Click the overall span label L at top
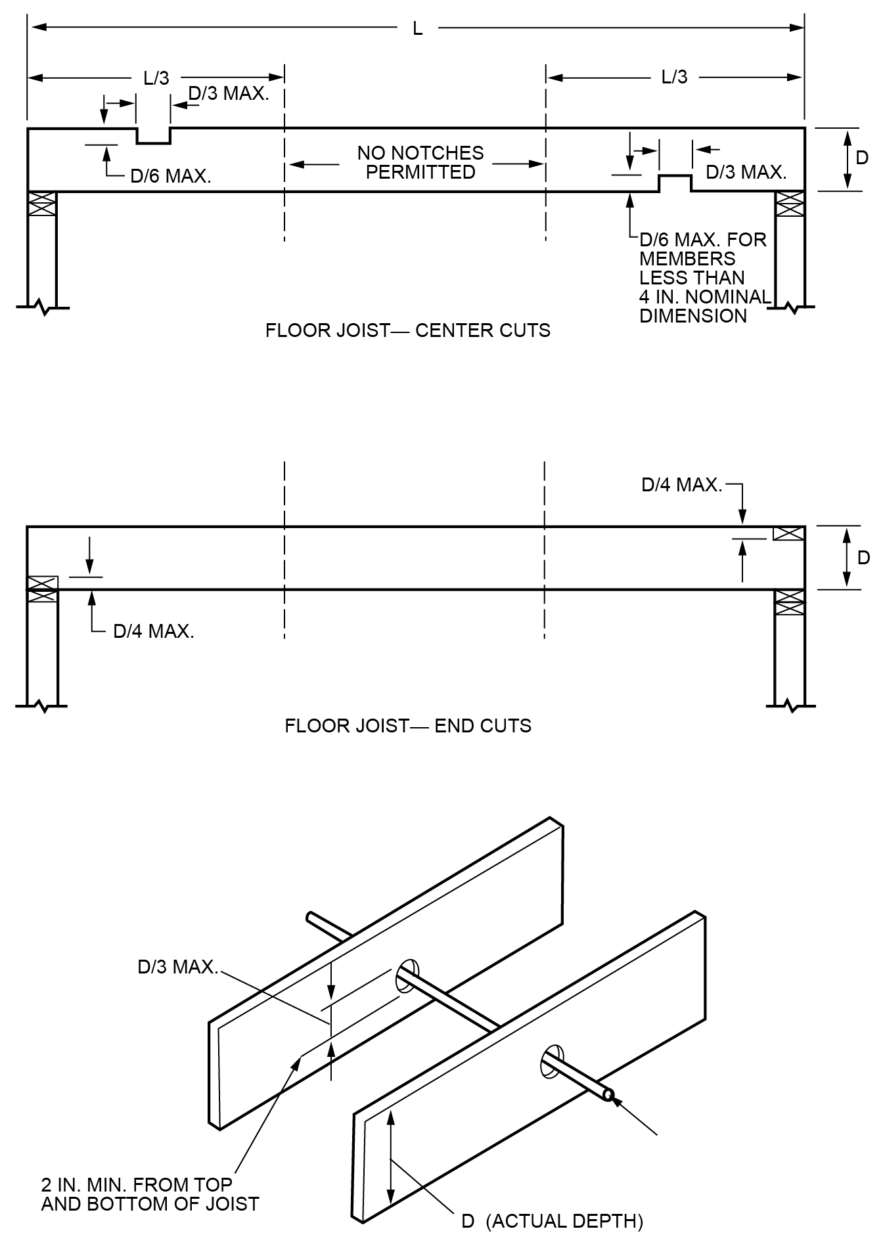click(417, 29)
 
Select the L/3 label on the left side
click(156, 78)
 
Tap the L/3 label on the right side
click(674, 78)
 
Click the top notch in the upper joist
click(154, 136)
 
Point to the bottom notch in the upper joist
click(675, 183)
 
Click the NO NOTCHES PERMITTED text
click(420, 162)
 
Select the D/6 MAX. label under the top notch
click(171, 176)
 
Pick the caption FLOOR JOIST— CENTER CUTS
click(407, 330)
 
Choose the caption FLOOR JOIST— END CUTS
click(407, 726)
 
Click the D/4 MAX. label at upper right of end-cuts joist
click(681, 485)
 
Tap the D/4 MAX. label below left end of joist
click(154, 631)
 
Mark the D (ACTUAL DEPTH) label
click(552, 1221)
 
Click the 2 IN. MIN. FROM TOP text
click(137, 1184)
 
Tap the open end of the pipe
click(608, 1095)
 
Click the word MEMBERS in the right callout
click(687, 259)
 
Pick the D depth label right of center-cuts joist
click(862, 158)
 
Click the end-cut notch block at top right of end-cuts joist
click(788, 533)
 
